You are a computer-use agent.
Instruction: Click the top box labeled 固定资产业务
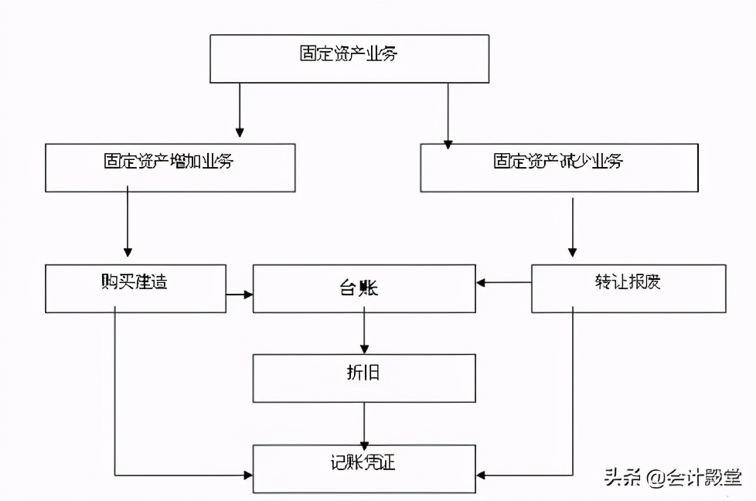pyautogui.click(x=349, y=59)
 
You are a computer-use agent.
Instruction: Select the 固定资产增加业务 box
pyautogui.click(x=170, y=168)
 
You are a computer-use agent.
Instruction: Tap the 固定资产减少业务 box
pyautogui.click(x=559, y=168)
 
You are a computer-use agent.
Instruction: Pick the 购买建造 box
pyautogui.click(x=135, y=288)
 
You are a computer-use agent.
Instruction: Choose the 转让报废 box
pyautogui.click(x=628, y=288)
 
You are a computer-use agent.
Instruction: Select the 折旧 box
pyautogui.click(x=364, y=378)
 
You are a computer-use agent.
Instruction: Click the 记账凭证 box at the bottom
pyautogui.click(x=364, y=469)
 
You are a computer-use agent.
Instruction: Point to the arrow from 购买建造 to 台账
pyautogui.click(x=240, y=295)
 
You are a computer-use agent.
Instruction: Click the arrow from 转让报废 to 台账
pyautogui.click(x=503, y=282)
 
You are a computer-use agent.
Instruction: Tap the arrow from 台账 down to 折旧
pyautogui.click(x=364, y=333)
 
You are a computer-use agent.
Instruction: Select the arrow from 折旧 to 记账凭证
pyautogui.click(x=364, y=423)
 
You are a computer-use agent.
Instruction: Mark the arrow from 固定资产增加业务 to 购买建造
pyautogui.click(x=128, y=224)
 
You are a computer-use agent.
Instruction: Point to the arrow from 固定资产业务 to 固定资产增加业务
pyautogui.click(x=240, y=109)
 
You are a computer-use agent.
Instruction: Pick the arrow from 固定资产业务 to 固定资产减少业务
pyautogui.click(x=448, y=113)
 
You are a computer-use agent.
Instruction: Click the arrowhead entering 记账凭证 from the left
pyautogui.click(x=248, y=475)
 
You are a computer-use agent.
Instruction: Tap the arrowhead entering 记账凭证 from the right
pyautogui.click(x=482, y=475)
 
